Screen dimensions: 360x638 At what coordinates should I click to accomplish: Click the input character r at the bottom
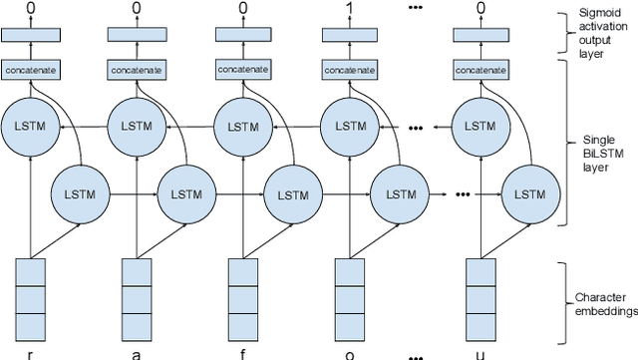pos(31,354)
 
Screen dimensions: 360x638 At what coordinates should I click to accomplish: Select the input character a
pos(136,354)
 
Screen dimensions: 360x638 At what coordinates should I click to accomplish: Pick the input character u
pos(482,354)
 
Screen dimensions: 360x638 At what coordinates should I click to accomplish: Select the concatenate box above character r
pos(31,70)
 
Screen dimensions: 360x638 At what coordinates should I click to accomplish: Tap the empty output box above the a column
pos(137,35)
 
